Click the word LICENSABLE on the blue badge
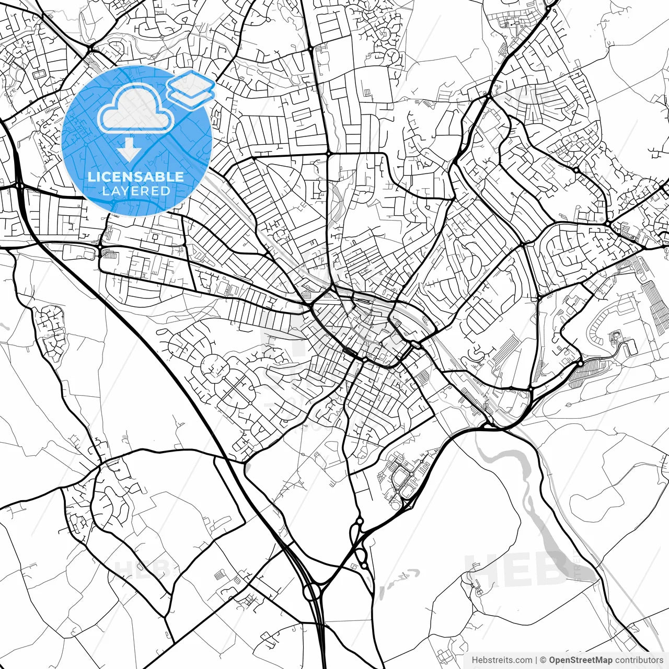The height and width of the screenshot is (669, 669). [136, 177]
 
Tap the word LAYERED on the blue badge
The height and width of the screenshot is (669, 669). [136, 191]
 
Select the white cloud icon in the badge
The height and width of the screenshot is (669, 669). [136, 109]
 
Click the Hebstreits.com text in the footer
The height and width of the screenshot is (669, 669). [502, 660]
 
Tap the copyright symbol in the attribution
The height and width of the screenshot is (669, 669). [543, 660]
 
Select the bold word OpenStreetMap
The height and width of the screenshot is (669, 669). [581, 660]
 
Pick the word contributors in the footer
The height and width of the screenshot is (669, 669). [639, 660]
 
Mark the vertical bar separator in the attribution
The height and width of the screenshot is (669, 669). [536, 660]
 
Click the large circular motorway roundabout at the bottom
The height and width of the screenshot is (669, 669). [312, 592]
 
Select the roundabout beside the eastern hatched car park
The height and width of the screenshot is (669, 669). [580, 363]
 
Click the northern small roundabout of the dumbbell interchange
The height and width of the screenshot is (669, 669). [359, 521]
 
